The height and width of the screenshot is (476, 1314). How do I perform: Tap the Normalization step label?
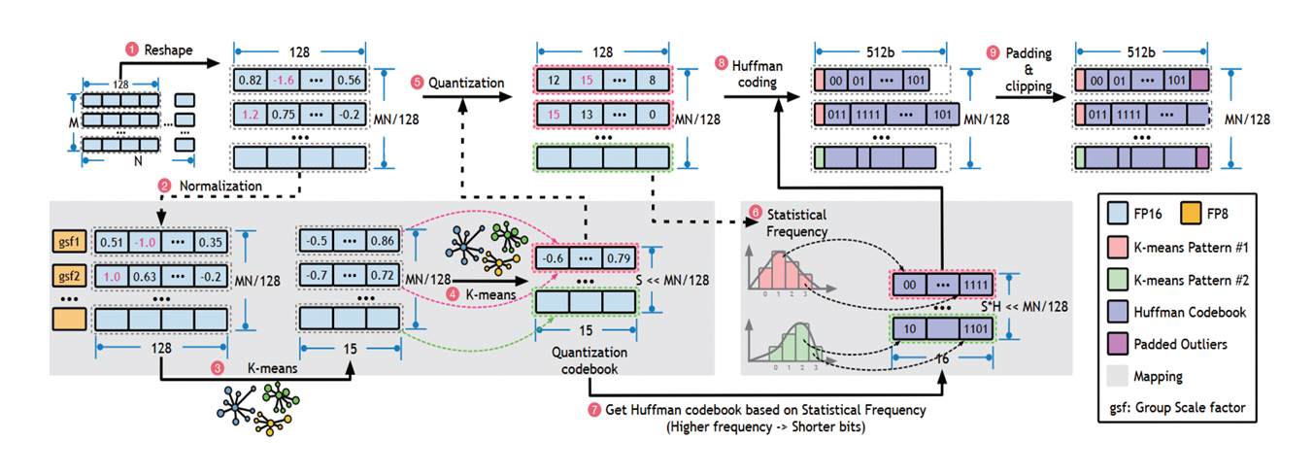coord(208,185)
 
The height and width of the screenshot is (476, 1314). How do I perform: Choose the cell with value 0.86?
coord(384,240)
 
